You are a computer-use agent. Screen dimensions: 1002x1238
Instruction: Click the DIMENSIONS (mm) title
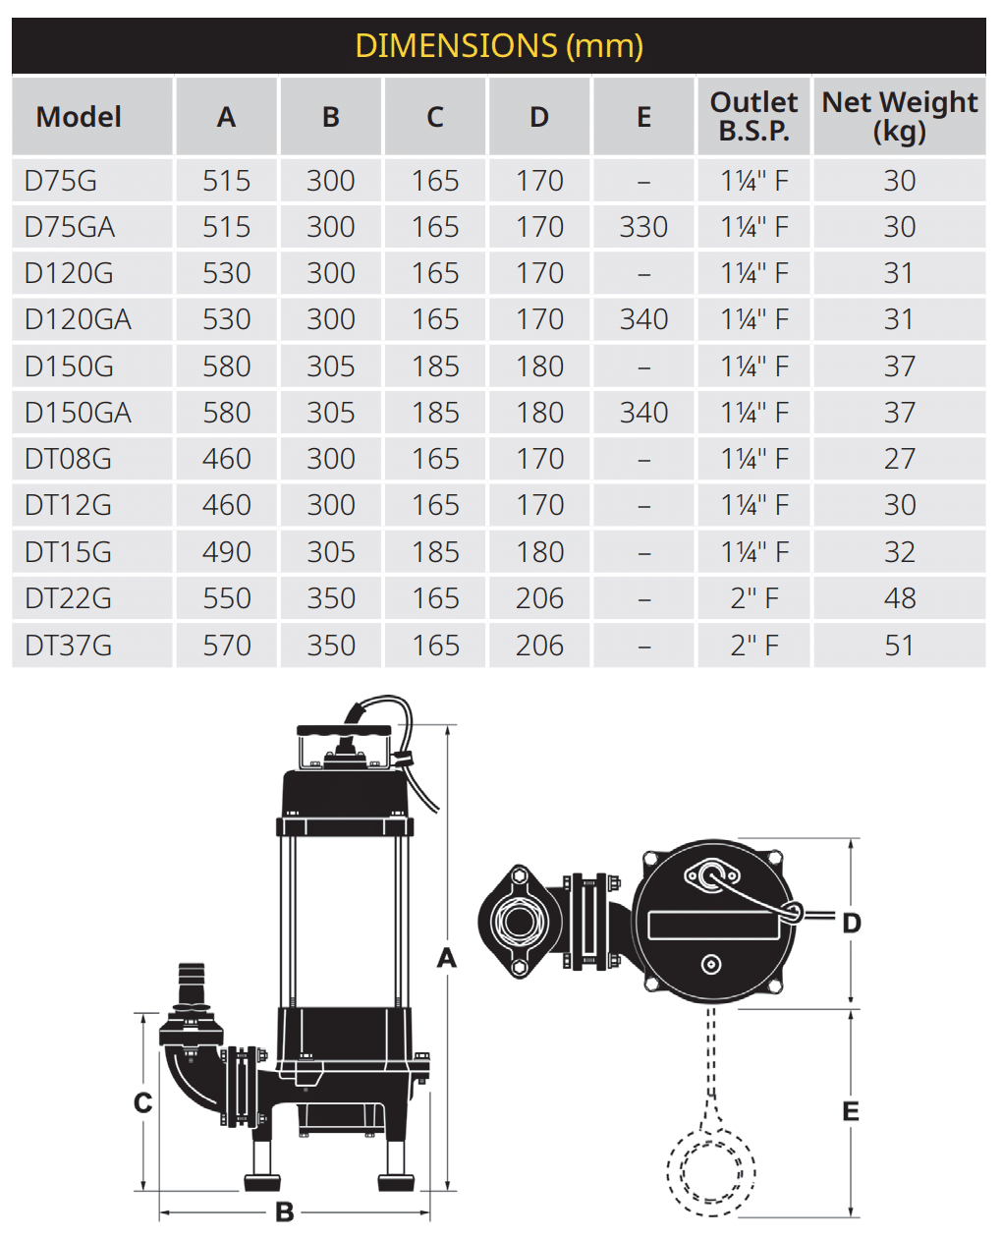pos(499,45)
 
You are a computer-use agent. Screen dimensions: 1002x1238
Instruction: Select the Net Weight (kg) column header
pos(899,116)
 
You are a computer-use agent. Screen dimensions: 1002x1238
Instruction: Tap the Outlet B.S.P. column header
pos(753,116)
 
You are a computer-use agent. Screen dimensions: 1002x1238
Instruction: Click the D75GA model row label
pos(69,227)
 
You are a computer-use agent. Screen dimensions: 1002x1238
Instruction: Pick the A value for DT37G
pos(227,646)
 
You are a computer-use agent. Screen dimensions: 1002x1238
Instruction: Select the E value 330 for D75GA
pos(643,227)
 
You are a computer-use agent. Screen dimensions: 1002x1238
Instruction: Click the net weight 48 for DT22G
pos(900,598)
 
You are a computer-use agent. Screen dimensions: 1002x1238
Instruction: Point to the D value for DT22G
pos(539,598)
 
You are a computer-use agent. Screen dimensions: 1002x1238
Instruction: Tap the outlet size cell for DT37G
pos(753,646)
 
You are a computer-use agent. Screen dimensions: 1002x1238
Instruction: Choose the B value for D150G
pos(331,366)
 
